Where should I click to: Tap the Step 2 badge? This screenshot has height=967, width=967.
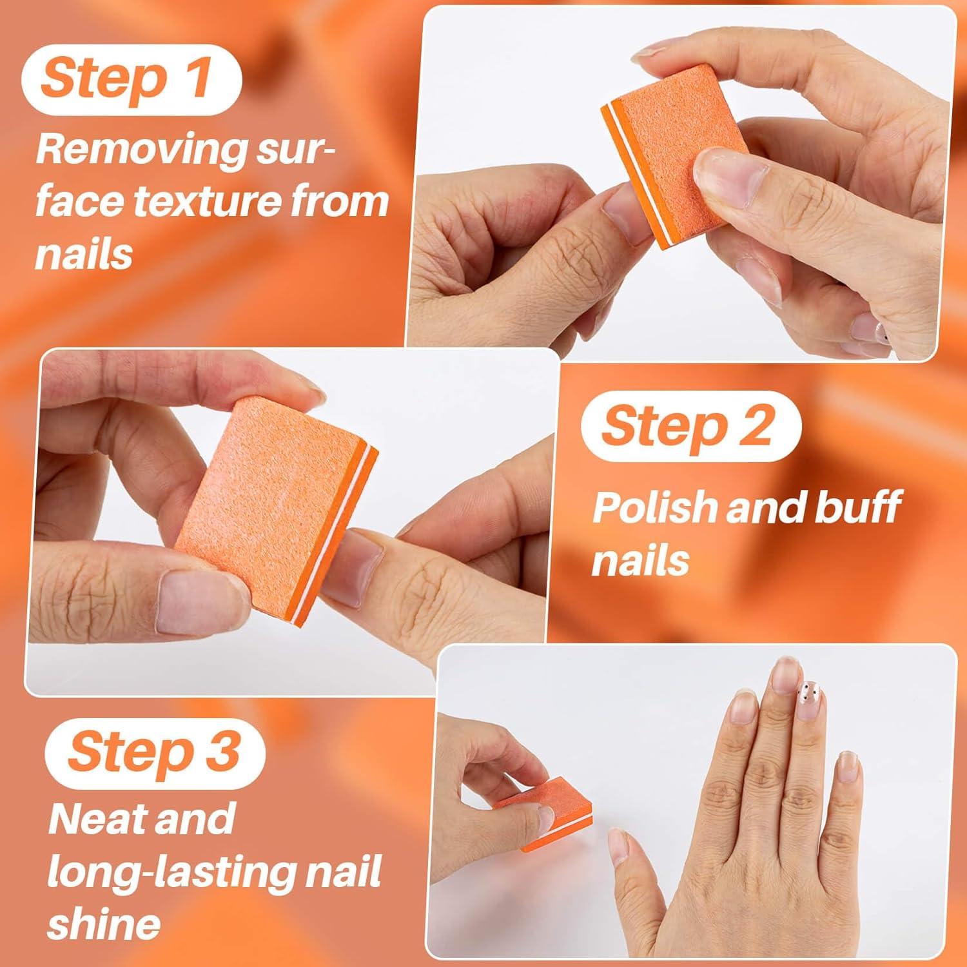[690, 425]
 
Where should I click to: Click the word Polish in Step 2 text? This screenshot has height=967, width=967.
[654, 507]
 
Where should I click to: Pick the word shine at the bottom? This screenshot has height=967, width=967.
[103, 924]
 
